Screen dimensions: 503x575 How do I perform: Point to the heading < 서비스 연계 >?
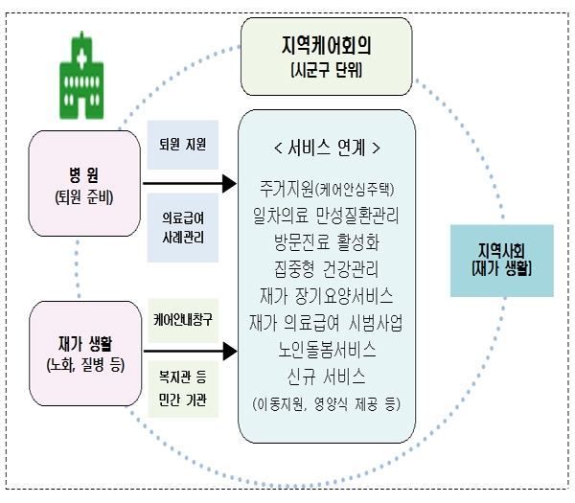pos(327,149)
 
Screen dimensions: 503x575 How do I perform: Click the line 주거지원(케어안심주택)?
pos(327,187)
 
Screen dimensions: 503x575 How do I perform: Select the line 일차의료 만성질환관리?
pos(327,214)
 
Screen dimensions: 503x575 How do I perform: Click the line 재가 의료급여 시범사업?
pos(327,320)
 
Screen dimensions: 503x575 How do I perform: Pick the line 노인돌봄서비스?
pos(327,347)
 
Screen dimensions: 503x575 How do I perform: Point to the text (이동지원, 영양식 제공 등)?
pos(327,403)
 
